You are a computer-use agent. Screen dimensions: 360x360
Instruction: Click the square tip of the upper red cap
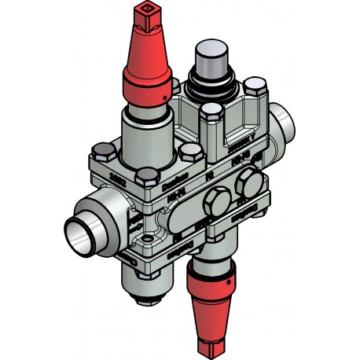coord(147,14)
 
